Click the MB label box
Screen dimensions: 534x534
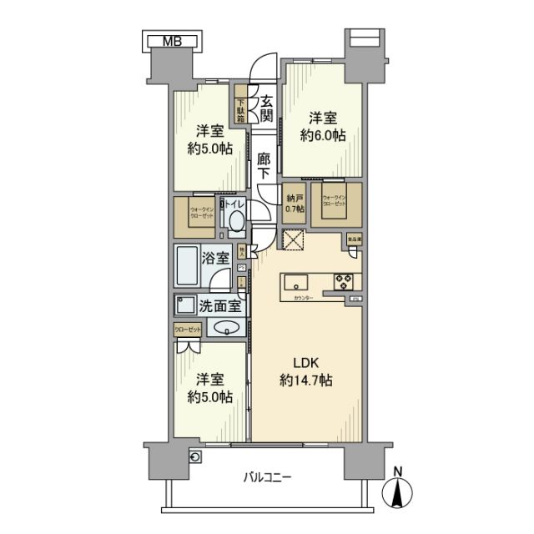(x=171, y=39)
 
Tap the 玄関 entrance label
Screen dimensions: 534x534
(x=266, y=105)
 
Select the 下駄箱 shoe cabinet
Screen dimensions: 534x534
(x=240, y=106)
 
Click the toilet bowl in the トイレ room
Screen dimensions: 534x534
(x=236, y=221)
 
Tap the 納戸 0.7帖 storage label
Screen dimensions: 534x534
(x=294, y=204)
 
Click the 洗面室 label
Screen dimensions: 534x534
(x=220, y=305)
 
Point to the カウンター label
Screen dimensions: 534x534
(x=304, y=298)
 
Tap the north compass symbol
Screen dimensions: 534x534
(x=398, y=491)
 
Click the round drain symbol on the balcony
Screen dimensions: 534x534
(x=195, y=456)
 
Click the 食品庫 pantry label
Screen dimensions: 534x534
(x=355, y=239)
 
